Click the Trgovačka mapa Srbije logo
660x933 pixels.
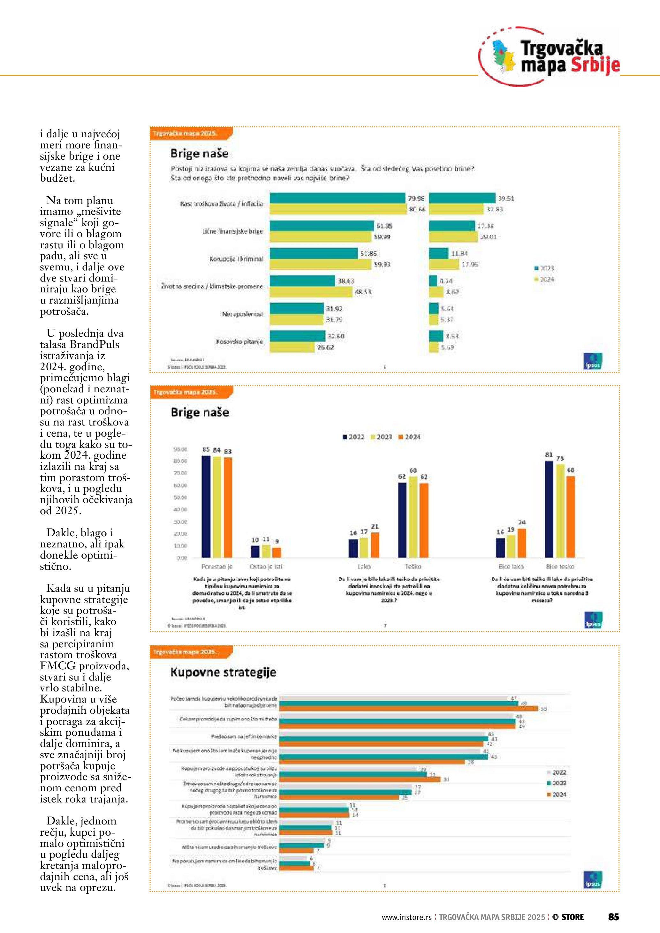pos(550,57)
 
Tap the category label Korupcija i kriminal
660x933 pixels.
pos(236,259)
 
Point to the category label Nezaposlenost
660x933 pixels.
pos(242,314)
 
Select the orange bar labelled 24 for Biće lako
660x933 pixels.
pos(522,543)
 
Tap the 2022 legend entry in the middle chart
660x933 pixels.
pos(353,437)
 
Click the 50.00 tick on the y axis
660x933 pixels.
pos(180,497)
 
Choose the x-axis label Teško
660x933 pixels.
pos(413,567)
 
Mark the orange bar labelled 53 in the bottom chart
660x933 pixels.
pos(408,709)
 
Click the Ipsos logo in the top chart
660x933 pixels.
pos(593,361)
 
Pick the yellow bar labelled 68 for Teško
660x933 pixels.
pos(413,516)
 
